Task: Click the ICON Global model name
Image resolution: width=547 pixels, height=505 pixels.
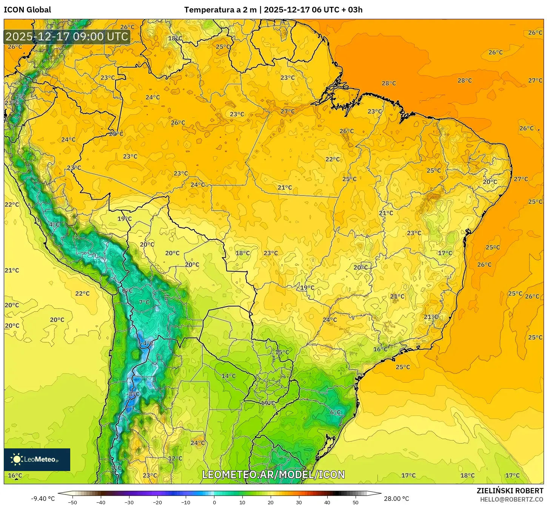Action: [x=27, y=10]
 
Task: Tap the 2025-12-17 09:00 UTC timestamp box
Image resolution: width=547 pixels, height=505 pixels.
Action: [x=67, y=37]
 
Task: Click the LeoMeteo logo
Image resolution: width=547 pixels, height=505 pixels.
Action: [x=37, y=459]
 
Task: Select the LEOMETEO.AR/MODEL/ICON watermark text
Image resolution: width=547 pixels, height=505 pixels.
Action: [x=273, y=474]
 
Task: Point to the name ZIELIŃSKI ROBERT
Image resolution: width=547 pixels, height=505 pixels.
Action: [x=510, y=491]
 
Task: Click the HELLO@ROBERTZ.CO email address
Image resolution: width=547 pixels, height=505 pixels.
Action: [x=512, y=499]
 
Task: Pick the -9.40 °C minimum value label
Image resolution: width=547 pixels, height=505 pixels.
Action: [x=43, y=499]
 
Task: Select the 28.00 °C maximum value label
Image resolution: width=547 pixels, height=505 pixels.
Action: [x=396, y=499]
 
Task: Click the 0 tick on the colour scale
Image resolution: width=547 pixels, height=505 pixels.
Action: [x=214, y=502]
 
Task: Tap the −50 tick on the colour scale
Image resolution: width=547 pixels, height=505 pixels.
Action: [x=72, y=502]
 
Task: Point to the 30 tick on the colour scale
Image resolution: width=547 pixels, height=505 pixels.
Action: [x=299, y=502]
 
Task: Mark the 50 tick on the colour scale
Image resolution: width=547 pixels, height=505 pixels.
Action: [x=356, y=502]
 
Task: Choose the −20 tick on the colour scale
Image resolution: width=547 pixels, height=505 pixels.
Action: [x=157, y=502]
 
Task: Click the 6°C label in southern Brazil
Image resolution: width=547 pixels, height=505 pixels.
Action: [x=335, y=412]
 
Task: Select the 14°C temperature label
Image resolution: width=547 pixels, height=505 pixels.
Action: [x=228, y=376]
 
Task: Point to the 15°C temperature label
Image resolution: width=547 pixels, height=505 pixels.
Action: [x=282, y=352]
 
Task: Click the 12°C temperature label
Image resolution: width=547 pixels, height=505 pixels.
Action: [x=175, y=458]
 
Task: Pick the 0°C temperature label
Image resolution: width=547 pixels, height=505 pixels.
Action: [x=127, y=291]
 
